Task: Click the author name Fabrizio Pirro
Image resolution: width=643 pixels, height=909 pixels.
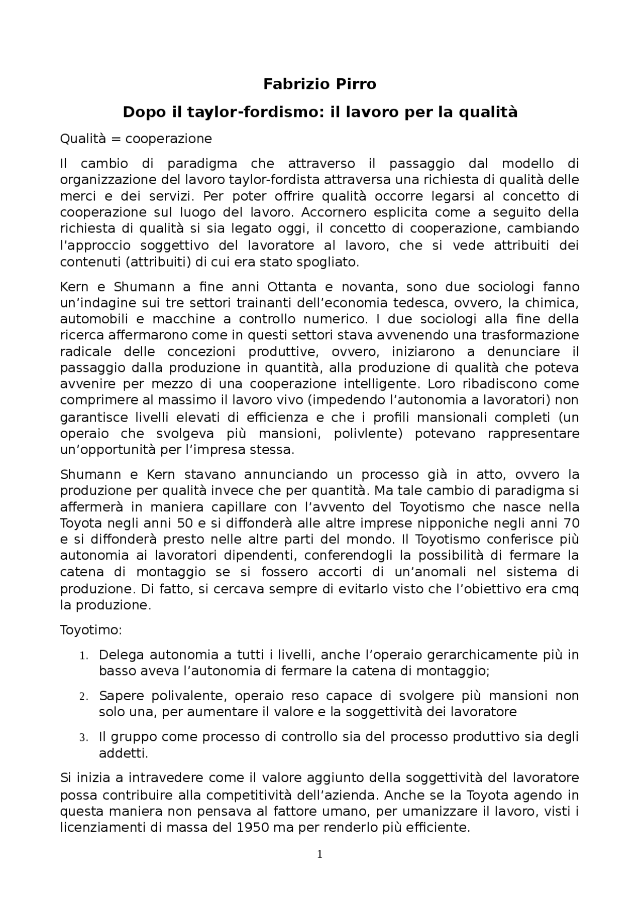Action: pyautogui.click(x=319, y=84)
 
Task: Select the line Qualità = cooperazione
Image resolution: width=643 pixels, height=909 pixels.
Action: pyautogui.click(x=136, y=139)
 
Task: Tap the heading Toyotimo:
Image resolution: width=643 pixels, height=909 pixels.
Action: pyautogui.click(x=88, y=630)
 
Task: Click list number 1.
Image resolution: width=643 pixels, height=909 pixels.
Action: pyautogui.click(x=83, y=656)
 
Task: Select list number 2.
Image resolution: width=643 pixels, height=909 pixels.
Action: pyautogui.click(x=83, y=697)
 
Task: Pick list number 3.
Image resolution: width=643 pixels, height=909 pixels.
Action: pyautogui.click(x=83, y=738)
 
